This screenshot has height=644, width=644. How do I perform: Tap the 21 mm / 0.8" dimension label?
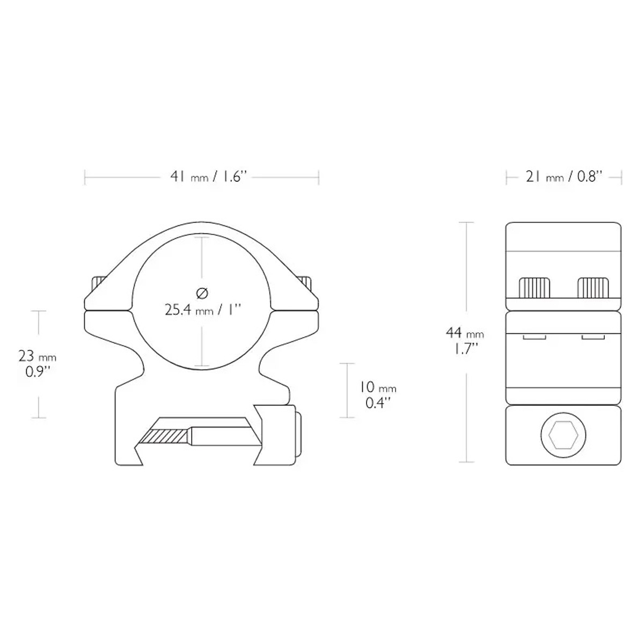(x=564, y=177)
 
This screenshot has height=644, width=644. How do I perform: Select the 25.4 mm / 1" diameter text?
(x=203, y=311)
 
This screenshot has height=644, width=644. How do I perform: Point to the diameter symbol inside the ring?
(x=202, y=293)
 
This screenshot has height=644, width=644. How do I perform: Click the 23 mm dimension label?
(x=38, y=356)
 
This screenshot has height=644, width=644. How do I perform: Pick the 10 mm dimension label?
(x=378, y=387)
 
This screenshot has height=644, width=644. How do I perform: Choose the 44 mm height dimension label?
(x=465, y=333)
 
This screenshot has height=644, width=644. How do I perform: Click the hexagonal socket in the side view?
(x=563, y=435)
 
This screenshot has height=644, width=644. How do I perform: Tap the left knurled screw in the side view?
(x=534, y=288)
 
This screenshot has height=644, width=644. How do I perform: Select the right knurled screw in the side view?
(x=593, y=288)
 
